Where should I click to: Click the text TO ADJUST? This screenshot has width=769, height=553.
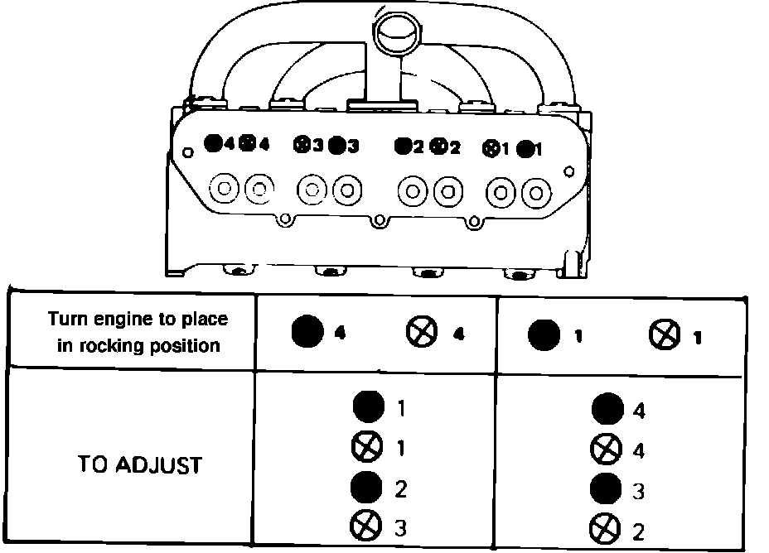[x=140, y=465]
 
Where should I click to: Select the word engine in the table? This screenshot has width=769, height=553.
[x=119, y=319]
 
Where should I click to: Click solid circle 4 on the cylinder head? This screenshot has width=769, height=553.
[x=213, y=144]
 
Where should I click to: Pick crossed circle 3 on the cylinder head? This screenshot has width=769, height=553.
[x=302, y=145]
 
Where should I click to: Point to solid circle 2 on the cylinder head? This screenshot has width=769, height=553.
[x=404, y=147]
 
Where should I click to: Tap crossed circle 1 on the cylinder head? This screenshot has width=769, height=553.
[x=491, y=149]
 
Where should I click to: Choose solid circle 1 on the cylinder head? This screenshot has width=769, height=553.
[x=525, y=150]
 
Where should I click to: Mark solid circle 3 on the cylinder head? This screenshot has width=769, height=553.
[x=336, y=146]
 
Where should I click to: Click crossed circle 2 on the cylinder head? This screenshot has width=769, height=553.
[x=440, y=147]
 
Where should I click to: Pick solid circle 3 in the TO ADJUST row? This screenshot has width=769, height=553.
[x=607, y=489]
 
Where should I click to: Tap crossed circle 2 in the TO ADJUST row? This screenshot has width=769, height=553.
[x=607, y=528]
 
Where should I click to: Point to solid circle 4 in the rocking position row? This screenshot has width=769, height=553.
[x=307, y=333]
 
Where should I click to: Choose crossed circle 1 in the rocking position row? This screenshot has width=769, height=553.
[x=665, y=336]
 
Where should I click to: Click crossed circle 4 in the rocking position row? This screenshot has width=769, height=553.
[x=422, y=333]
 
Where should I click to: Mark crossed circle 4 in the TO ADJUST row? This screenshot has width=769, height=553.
[x=607, y=450]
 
